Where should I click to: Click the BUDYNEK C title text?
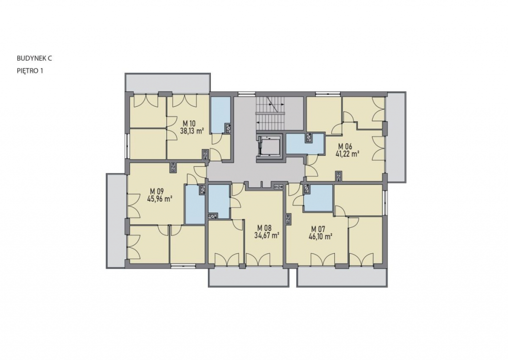(x=34, y=59)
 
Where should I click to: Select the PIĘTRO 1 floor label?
(x=30, y=71)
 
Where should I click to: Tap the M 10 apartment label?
(x=189, y=124)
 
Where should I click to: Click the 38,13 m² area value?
(x=192, y=131)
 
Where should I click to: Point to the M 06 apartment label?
(x=345, y=146)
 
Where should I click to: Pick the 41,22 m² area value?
(x=348, y=154)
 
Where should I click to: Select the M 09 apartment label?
(x=156, y=191)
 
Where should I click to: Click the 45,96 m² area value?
(x=159, y=199)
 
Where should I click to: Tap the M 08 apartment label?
(x=264, y=228)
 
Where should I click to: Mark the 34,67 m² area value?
(x=267, y=235)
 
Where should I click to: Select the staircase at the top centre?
(x=271, y=112)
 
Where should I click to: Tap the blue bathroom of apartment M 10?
(x=220, y=115)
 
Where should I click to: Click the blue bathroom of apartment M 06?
(x=305, y=144)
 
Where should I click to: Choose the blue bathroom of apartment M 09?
(x=195, y=204)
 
